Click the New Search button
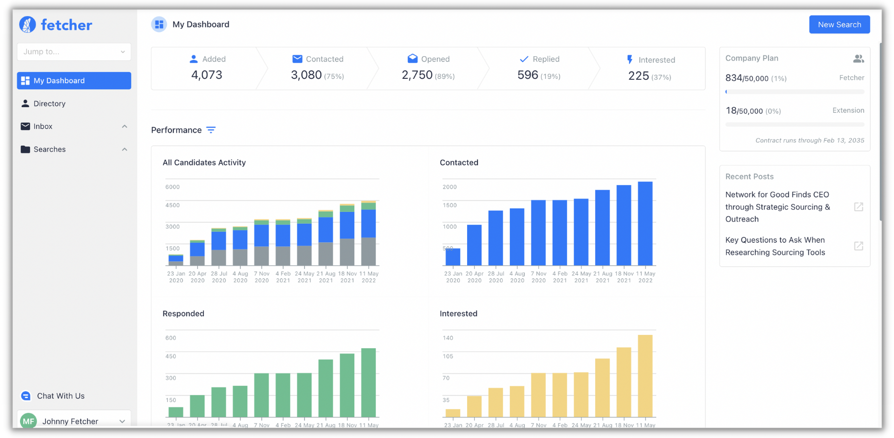click(x=839, y=25)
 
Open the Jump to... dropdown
click(x=74, y=52)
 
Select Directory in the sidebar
click(x=49, y=104)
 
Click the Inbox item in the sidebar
click(x=43, y=126)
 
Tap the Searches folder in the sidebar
click(x=49, y=149)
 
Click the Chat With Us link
click(x=60, y=396)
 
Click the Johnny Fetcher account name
click(x=70, y=421)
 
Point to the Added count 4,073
click(x=207, y=75)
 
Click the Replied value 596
click(x=527, y=75)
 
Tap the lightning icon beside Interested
click(x=629, y=60)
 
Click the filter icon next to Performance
click(x=211, y=130)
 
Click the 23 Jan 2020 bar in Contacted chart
click(x=453, y=257)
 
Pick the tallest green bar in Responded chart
click(x=368, y=382)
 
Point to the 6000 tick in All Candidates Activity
click(x=173, y=187)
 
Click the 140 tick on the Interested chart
click(x=448, y=338)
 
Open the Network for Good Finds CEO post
click(x=777, y=207)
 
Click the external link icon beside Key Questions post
click(x=858, y=246)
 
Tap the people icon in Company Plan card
click(x=858, y=59)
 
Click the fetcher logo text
click(x=66, y=25)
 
